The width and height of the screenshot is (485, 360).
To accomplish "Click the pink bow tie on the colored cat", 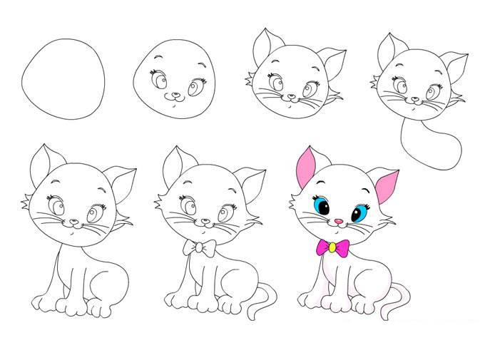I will [332, 247].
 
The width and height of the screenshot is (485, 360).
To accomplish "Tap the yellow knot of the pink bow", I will [332, 247].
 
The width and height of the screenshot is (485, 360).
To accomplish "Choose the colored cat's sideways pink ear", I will [387, 185].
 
